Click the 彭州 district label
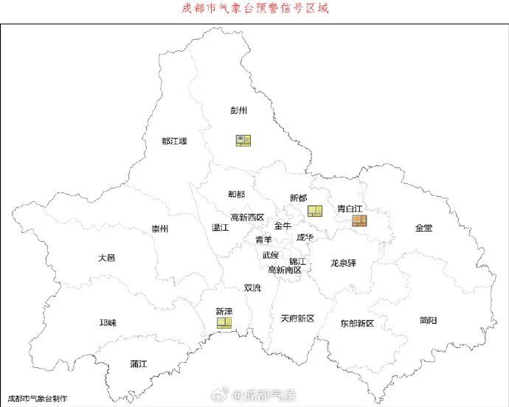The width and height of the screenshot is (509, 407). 238,111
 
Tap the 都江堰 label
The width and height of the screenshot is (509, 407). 174,141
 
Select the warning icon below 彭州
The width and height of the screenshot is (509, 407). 243,140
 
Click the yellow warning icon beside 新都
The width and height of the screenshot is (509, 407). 315,211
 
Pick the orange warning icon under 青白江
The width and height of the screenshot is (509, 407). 359,220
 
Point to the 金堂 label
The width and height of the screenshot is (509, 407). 423,228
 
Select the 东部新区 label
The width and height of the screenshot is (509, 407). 357,324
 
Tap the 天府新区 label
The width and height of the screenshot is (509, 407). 297,319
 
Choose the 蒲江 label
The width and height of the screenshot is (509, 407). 139,363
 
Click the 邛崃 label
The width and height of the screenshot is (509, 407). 108,323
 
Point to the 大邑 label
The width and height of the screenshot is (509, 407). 106,258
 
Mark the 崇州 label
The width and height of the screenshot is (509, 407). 160,229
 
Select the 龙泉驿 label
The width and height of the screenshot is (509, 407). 343,262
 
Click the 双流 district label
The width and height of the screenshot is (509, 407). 252,288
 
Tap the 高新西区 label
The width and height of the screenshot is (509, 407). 247,217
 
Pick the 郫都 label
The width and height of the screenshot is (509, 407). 236,195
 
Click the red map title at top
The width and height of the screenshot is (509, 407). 254,9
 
